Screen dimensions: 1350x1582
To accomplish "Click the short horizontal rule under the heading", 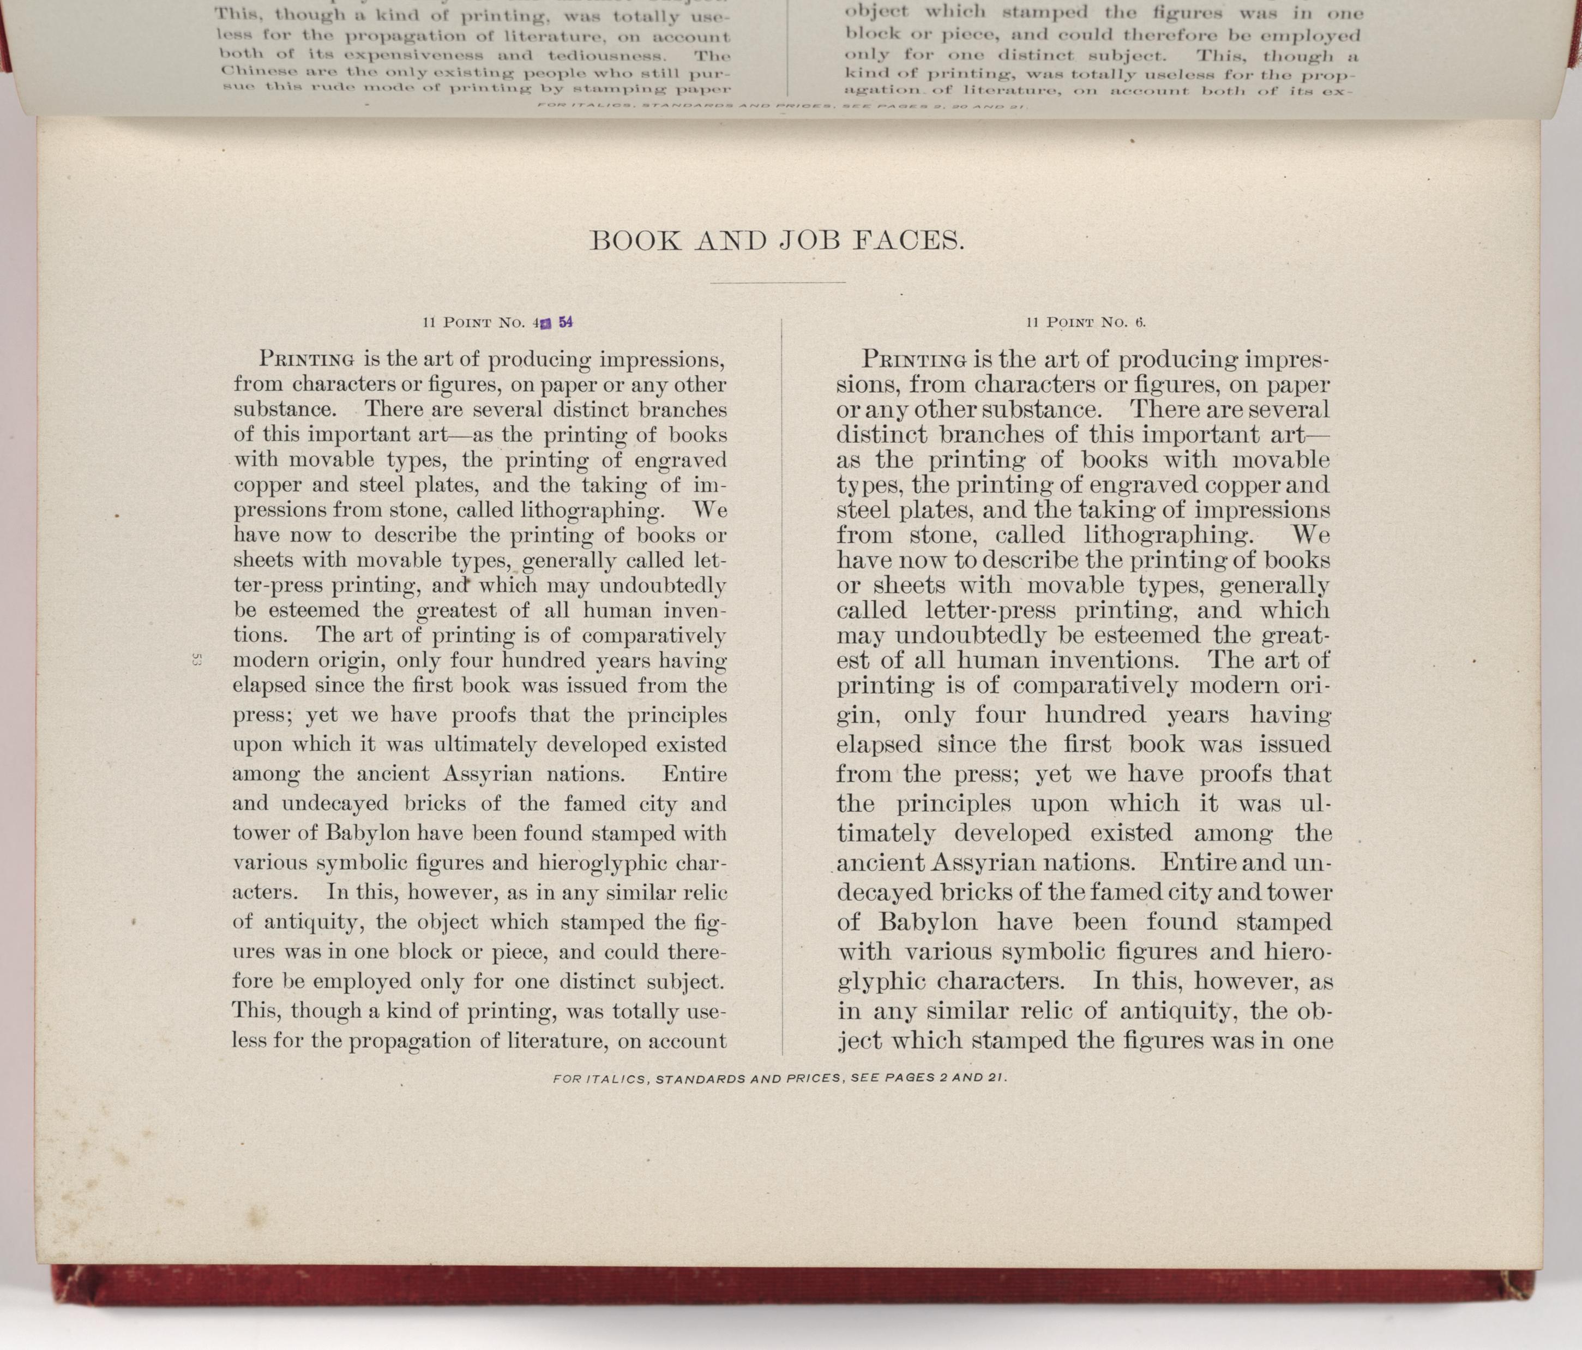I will (777, 283).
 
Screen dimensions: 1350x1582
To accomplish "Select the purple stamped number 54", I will (566, 322).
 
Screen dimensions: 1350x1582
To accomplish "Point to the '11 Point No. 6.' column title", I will (1086, 322).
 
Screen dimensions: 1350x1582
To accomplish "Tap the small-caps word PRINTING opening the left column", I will (307, 358).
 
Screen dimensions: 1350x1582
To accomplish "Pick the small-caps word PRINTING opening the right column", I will (914, 358).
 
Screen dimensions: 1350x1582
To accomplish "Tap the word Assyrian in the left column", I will (487, 774).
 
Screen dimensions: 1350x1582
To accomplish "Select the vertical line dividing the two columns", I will (782, 687).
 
